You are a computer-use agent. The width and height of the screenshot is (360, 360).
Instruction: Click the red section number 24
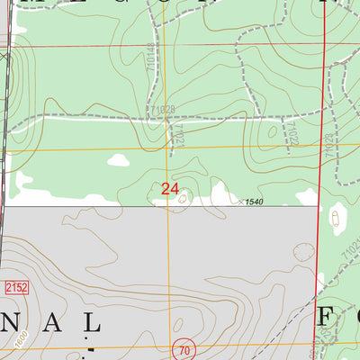pos(169,189)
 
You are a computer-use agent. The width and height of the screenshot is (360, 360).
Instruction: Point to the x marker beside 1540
pos(237,201)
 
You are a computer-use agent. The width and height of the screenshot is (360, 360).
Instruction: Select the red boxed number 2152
pos(15,286)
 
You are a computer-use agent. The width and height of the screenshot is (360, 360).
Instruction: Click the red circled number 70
pos(184,348)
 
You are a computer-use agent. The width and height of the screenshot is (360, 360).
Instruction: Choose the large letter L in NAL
pos(90,321)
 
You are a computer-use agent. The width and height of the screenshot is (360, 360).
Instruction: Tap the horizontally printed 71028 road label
pos(164,109)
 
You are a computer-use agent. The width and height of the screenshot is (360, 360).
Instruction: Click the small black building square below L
pos(90,346)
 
